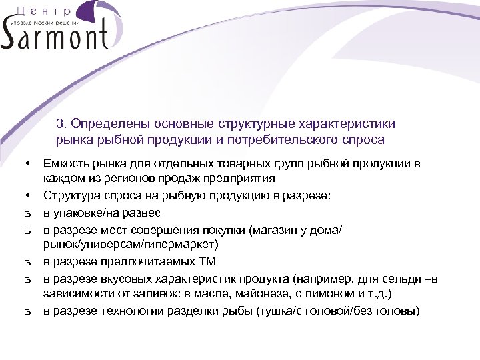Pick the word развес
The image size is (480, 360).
pos(143,212)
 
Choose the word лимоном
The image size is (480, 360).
pos(323,293)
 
